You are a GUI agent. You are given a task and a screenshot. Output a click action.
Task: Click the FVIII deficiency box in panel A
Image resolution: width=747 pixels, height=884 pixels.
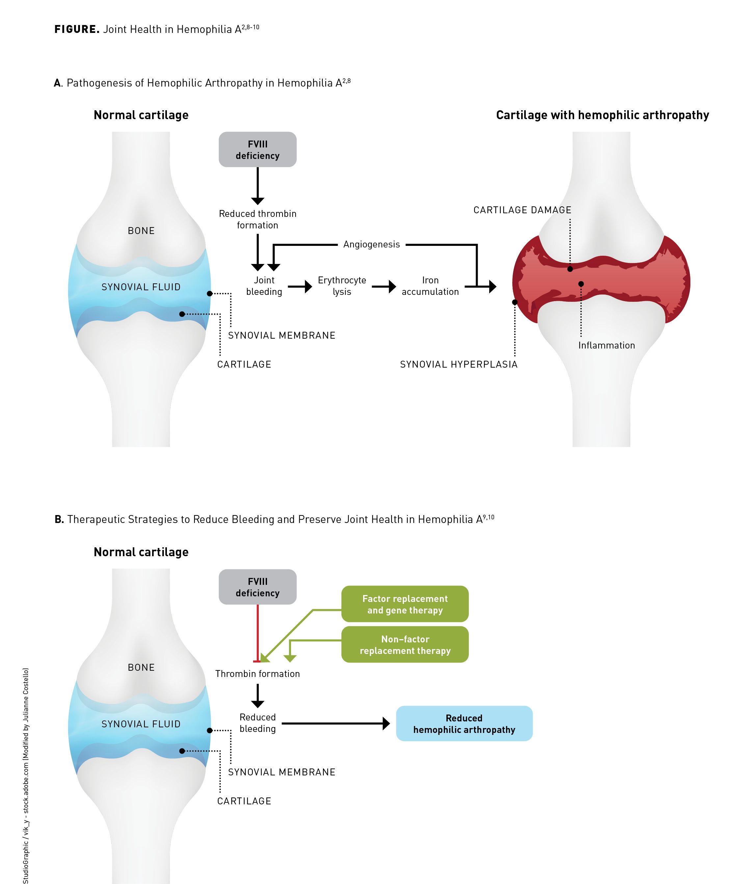coord(257,149)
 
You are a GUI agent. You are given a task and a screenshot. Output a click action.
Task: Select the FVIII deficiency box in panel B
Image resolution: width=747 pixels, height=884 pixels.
coord(257,587)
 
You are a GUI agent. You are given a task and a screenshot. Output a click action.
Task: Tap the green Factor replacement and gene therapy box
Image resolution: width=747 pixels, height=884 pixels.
coord(405,604)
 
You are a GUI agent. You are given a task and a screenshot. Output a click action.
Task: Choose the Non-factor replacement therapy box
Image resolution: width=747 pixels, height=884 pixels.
coord(405,645)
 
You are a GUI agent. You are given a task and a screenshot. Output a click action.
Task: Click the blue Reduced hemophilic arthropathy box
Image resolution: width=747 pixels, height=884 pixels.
coord(464,723)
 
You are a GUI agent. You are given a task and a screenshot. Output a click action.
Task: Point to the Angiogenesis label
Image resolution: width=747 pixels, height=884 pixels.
coord(371,244)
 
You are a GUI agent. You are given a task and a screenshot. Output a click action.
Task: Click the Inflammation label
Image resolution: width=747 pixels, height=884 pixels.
coord(606,346)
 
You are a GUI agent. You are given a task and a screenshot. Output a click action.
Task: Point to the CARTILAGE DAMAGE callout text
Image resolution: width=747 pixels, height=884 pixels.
coord(522,210)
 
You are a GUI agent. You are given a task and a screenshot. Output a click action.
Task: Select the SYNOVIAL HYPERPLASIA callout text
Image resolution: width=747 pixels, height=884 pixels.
coord(459,365)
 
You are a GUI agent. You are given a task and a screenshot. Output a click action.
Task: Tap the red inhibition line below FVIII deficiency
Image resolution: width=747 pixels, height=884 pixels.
coord(257,633)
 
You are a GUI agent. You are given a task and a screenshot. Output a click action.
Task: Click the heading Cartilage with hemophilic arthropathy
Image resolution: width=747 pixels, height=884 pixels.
coord(602,115)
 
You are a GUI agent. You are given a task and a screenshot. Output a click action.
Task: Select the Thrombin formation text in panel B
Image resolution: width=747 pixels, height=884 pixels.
coord(257,674)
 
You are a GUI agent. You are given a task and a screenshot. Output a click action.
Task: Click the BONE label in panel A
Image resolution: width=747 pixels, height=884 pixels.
coord(141,231)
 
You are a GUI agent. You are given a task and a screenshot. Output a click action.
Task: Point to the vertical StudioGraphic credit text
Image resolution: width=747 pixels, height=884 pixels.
coord(26,775)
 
